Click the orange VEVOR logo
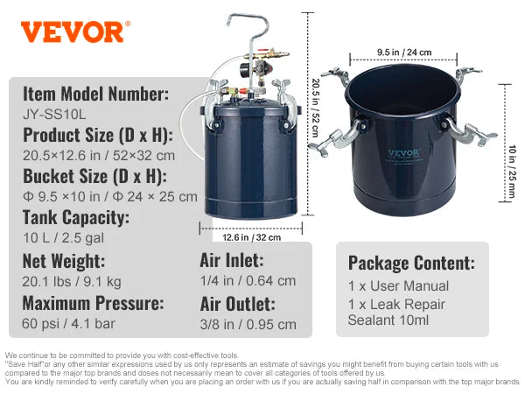click(73, 32)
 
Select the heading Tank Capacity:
click(77, 217)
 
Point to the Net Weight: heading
click(64, 260)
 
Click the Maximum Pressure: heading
click(93, 304)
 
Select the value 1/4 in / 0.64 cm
click(248, 281)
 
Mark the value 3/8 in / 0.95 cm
click(248, 325)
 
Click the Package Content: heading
click(411, 263)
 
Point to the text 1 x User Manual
click(398, 286)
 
